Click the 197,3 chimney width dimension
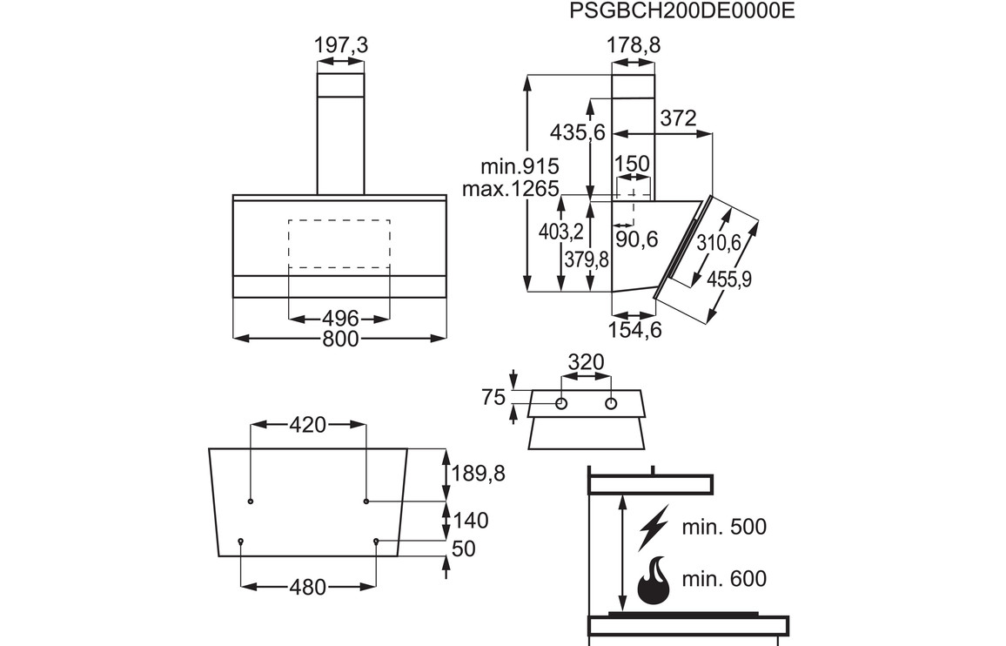(340, 45)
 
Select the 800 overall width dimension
(340, 339)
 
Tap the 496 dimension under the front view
(339, 318)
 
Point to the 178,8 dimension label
(633, 45)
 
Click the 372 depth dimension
(678, 118)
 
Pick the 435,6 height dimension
(577, 132)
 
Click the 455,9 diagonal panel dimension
(730, 279)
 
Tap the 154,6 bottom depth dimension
(636, 330)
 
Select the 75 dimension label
(493, 398)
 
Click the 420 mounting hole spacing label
(307, 425)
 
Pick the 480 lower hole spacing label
(308, 588)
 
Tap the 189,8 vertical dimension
(479, 474)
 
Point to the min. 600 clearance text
(724, 579)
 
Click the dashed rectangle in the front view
(339, 244)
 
